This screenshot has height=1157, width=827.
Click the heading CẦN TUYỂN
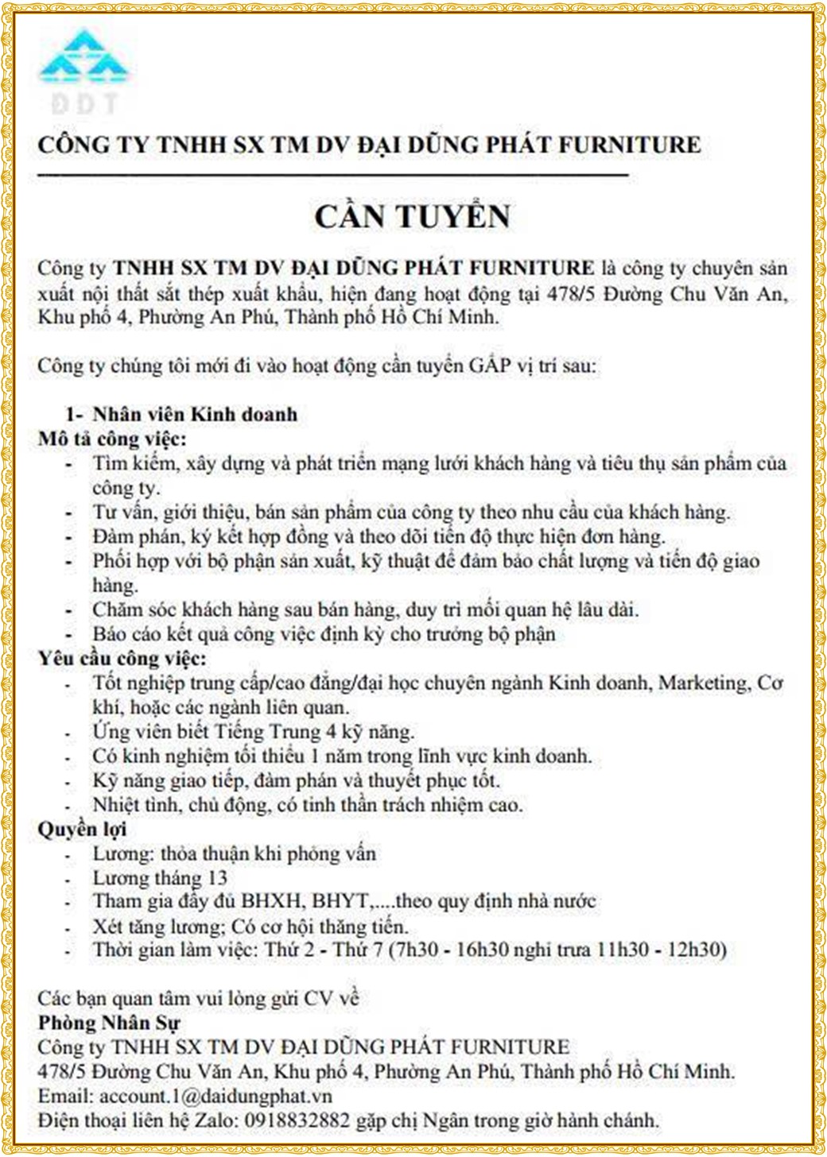412,217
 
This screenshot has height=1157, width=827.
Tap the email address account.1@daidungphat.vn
215,1097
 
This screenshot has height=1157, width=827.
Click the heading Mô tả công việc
112,439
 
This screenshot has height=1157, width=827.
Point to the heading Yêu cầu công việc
122,659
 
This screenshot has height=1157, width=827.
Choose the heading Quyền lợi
82,830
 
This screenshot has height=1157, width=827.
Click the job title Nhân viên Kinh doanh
195,414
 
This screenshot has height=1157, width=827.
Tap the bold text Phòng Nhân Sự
109,1023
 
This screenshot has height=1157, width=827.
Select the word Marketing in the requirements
703,683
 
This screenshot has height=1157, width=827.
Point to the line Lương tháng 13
160,878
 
